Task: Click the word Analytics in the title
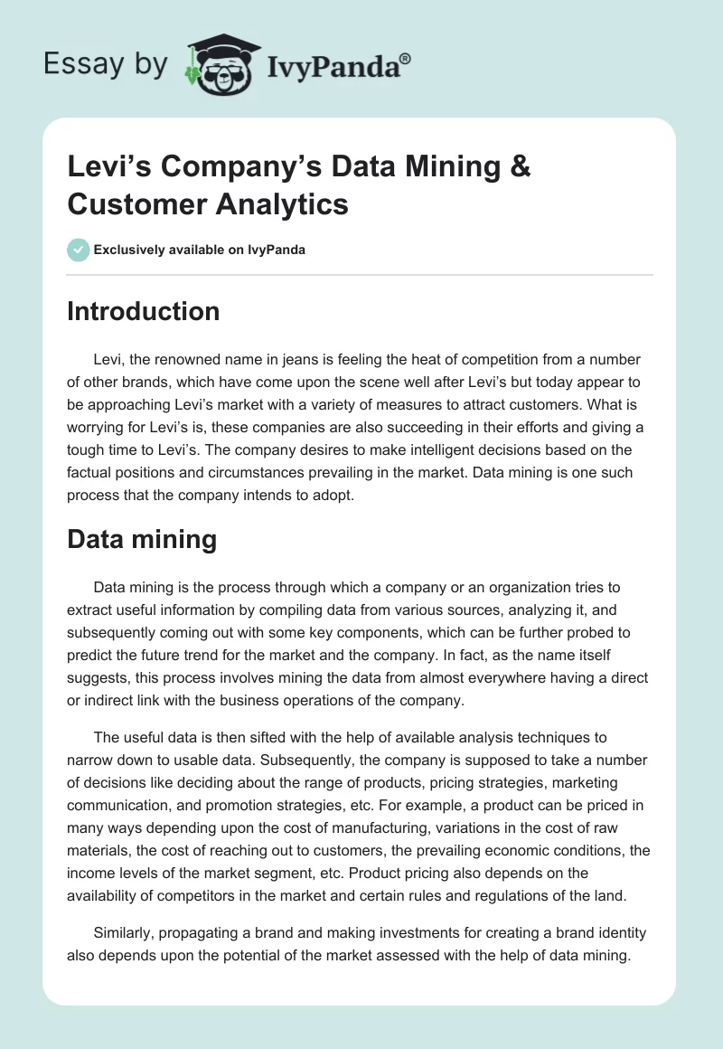point(284,203)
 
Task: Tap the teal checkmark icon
point(79,250)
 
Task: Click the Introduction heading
point(144,311)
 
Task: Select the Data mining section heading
point(142,540)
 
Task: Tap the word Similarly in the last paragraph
point(127,932)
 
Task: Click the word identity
point(619,932)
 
